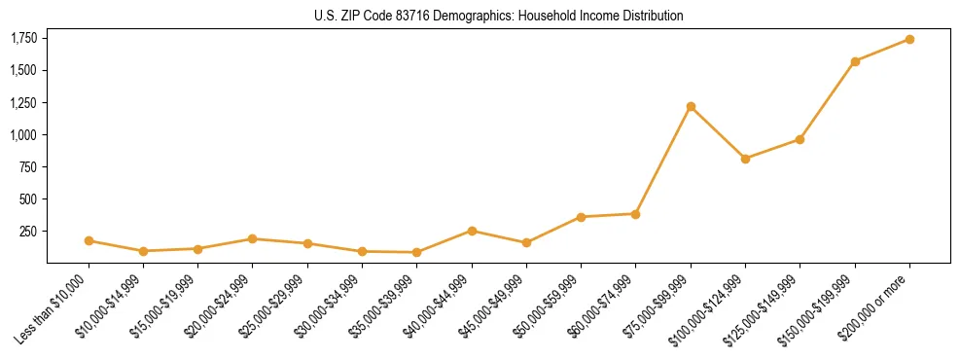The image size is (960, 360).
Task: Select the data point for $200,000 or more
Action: click(909, 39)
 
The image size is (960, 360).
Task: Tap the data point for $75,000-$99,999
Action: click(691, 106)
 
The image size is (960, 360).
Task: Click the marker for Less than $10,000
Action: click(89, 240)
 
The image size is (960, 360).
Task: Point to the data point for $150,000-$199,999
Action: click(855, 61)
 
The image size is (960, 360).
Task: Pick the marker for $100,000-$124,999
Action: click(745, 159)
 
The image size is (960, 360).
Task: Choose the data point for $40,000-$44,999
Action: click(472, 231)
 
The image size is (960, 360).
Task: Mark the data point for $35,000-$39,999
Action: click(417, 252)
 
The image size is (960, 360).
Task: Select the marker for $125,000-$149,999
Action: click(800, 139)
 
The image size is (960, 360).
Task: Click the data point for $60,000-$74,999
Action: click(635, 214)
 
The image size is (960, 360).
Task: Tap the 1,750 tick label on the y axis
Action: click(23, 38)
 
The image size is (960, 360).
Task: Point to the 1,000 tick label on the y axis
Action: click(23, 134)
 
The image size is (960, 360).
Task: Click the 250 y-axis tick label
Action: click(29, 232)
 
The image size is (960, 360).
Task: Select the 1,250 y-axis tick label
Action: click(23, 102)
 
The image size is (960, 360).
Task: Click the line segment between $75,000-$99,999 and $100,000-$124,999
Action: click(718, 132)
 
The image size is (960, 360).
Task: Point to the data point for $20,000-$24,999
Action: click(252, 238)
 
